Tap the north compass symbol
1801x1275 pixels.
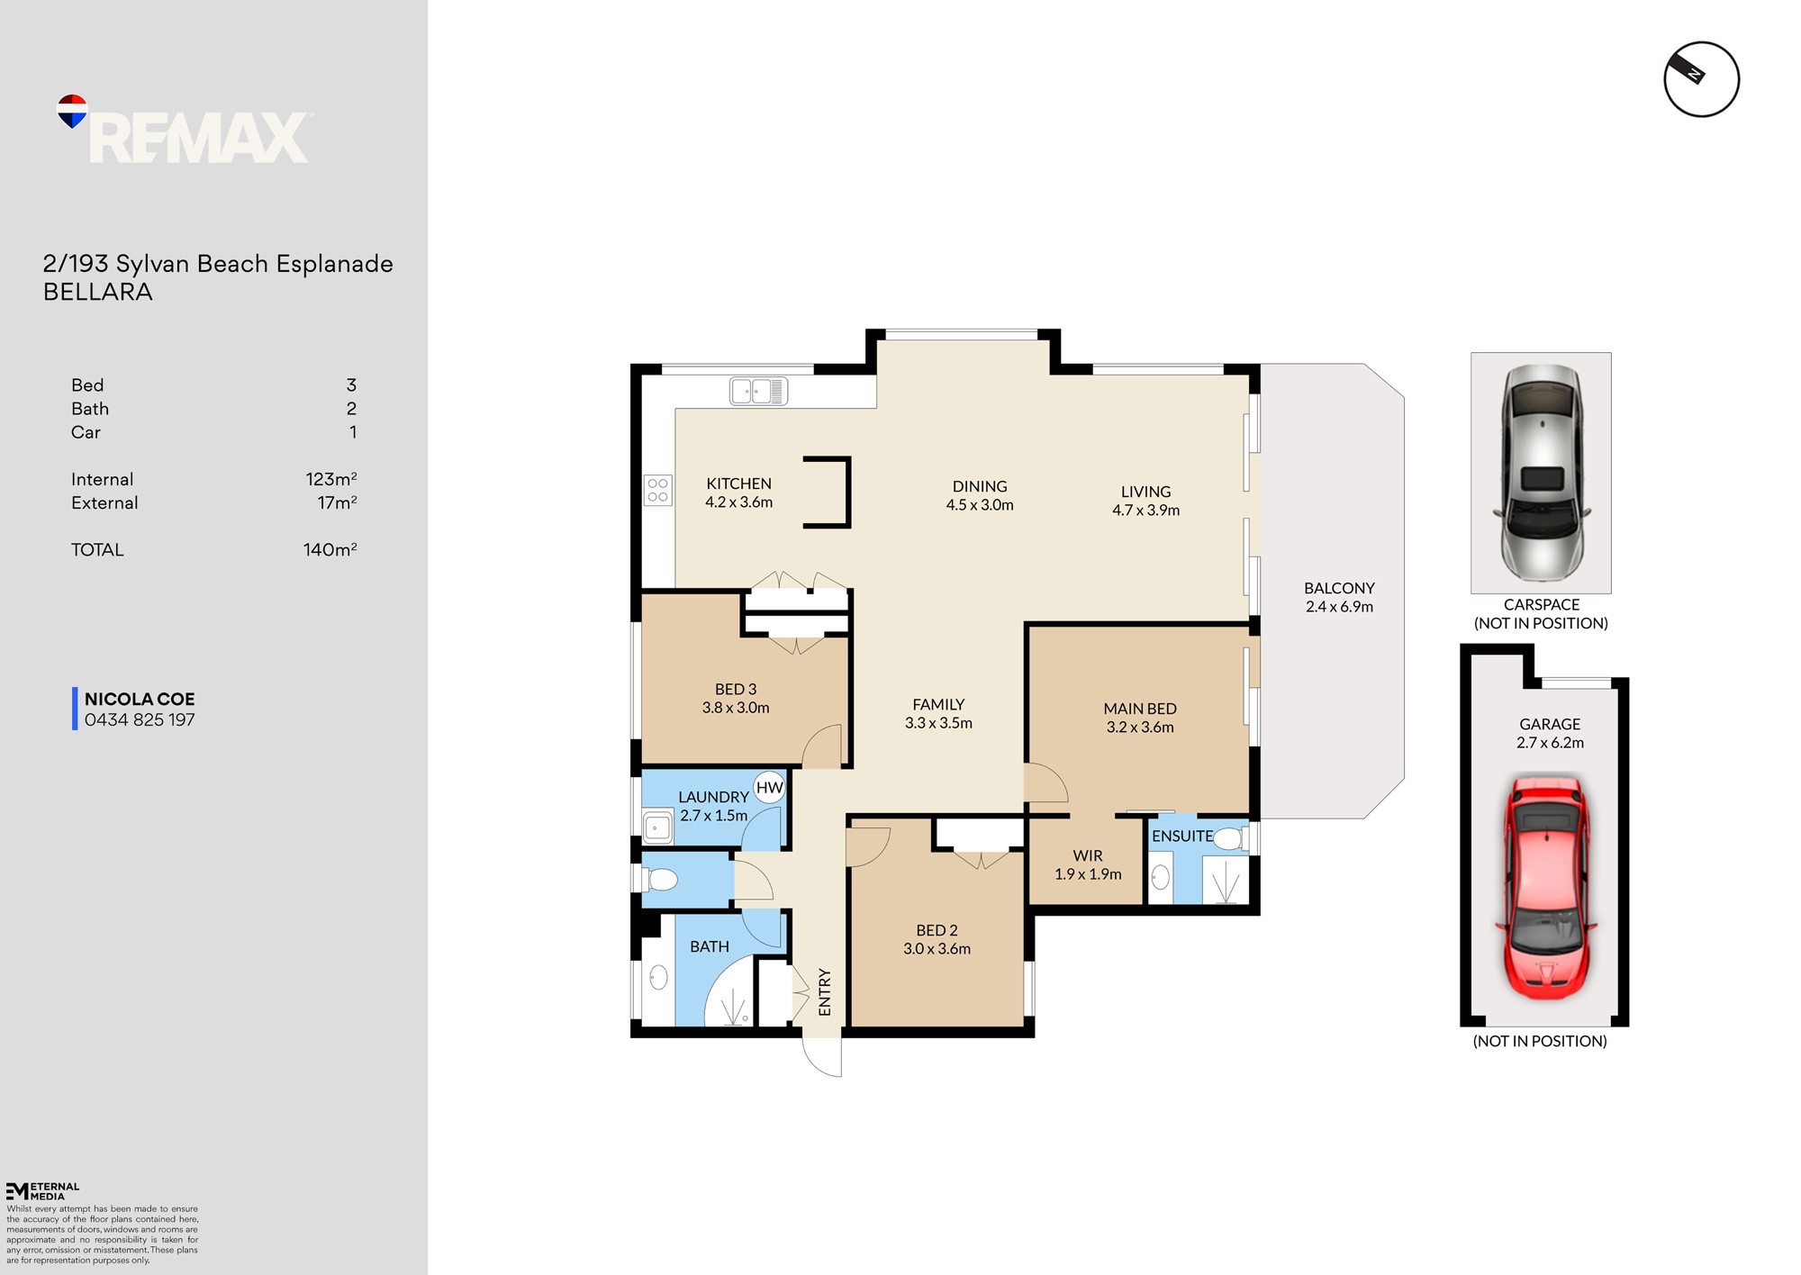(1700, 79)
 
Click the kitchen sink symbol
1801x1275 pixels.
(758, 392)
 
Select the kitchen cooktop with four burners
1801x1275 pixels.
(658, 490)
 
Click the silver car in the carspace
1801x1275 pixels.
(1541, 472)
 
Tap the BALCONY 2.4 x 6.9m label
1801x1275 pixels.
(1339, 597)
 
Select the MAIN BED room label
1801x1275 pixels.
(1140, 709)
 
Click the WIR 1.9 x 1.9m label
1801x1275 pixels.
(1088, 864)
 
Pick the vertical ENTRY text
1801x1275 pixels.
(825, 992)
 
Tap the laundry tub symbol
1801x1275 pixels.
(657, 827)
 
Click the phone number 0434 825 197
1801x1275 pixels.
(140, 720)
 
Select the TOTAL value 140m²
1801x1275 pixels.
(330, 549)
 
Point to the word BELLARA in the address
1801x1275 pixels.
(98, 292)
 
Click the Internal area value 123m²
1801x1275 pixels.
(330, 479)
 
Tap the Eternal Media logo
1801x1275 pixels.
(42, 1190)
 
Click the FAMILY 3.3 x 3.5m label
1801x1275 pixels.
(938, 713)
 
